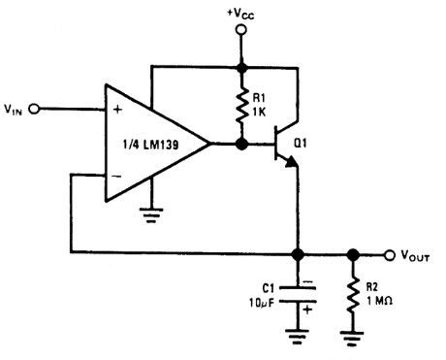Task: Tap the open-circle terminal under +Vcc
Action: pyautogui.click(x=239, y=32)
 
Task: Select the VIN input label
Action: pyautogui.click(x=14, y=110)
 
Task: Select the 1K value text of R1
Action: pyautogui.click(x=259, y=113)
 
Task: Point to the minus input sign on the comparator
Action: pyautogui.click(x=116, y=179)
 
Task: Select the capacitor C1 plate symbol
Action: pyautogui.click(x=298, y=291)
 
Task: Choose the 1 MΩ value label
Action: pyautogui.click(x=379, y=300)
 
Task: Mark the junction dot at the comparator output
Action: pyautogui.click(x=239, y=146)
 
